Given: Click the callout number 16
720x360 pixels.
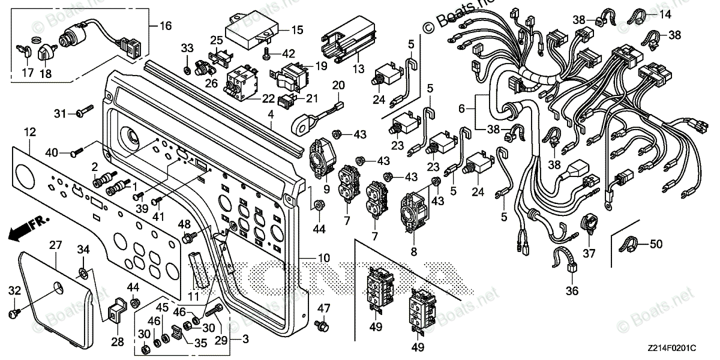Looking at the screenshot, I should pyautogui.click(x=164, y=26).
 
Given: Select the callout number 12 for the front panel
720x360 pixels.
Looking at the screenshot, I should pyautogui.click(x=30, y=130).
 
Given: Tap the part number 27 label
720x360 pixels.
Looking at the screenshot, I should pyautogui.click(x=55, y=245).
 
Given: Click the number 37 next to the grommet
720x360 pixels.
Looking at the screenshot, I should pyautogui.click(x=589, y=253).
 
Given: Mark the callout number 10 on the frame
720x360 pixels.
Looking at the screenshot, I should pyautogui.click(x=323, y=259).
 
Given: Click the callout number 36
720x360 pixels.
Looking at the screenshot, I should pyautogui.click(x=572, y=292).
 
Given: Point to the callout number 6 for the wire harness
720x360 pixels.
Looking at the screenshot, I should pyautogui.click(x=461, y=109).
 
